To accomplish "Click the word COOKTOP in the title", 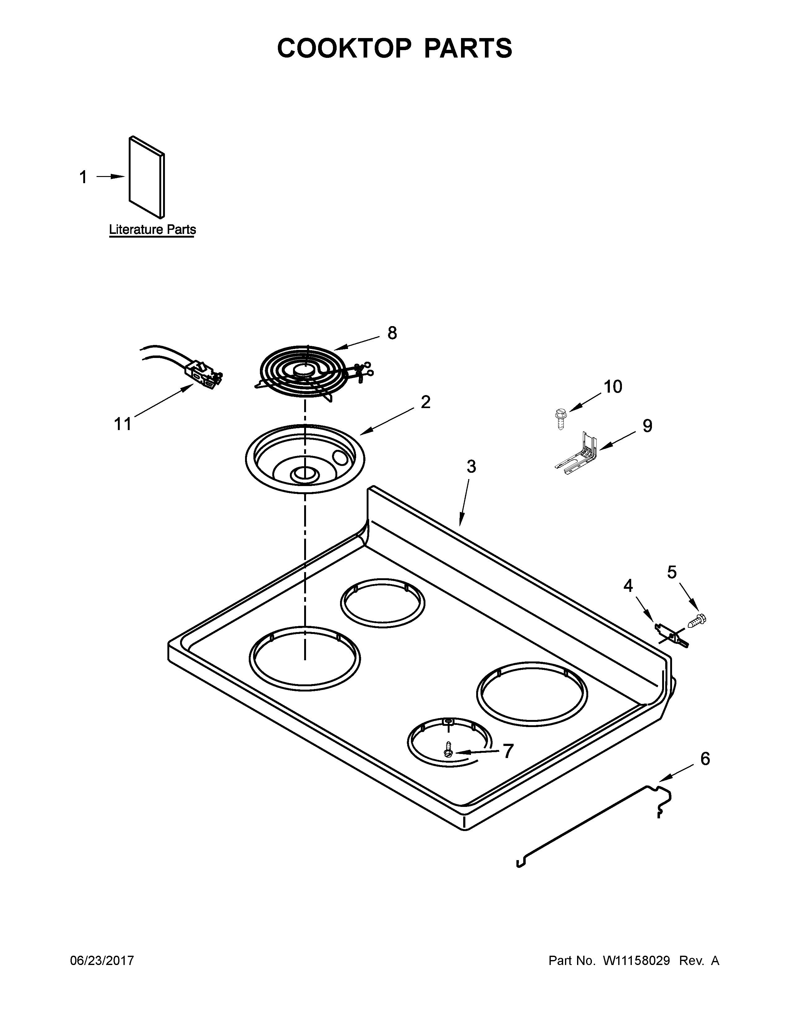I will click(x=344, y=48).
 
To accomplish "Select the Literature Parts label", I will click(x=152, y=230).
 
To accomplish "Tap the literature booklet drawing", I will click(x=146, y=178).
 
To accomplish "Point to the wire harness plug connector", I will click(x=204, y=374).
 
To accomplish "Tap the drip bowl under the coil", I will click(x=304, y=458).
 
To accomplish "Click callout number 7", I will click(x=508, y=751).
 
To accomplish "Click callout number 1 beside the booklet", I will click(x=83, y=178).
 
